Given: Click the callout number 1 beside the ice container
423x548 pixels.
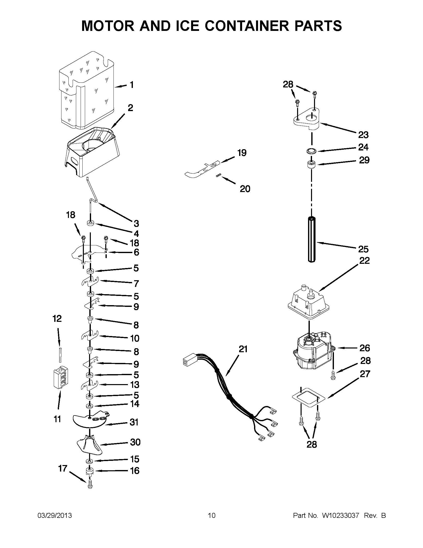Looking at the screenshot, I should click(131, 85).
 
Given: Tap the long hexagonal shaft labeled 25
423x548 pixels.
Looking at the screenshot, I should click(312, 240).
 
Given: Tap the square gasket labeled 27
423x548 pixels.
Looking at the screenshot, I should click(309, 398).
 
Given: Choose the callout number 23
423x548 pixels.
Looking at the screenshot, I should click(363, 135).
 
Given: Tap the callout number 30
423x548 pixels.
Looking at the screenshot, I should click(135, 442).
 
